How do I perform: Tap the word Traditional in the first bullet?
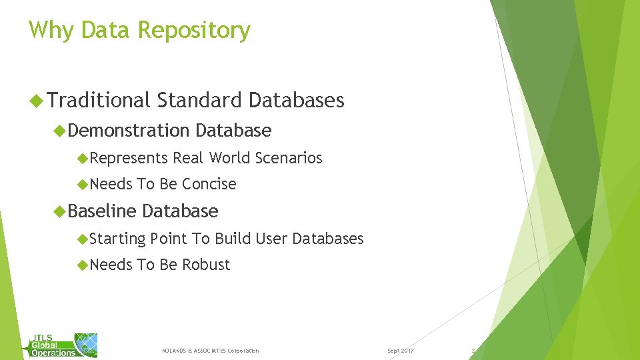click(99, 101)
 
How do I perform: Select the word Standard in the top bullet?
click(200, 101)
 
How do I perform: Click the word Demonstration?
click(129, 131)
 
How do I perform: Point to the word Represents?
click(129, 158)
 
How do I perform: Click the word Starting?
click(117, 239)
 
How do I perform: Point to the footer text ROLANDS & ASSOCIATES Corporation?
click(211, 351)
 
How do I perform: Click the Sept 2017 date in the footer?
click(400, 351)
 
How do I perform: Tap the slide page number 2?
click(473, 351)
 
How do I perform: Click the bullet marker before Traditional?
click(37, 101)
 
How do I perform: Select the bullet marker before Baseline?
click(59, 212)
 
